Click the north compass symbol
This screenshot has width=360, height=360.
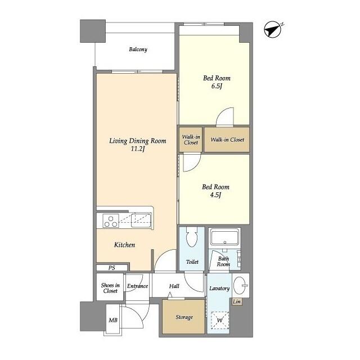(273, 29)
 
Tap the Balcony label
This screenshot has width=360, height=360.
(138, 49)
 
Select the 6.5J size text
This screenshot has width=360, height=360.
(217, 86)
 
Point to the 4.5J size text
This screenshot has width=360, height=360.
(215, 195)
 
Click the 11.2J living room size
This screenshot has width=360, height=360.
(138, 149)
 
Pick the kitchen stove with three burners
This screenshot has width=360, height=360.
(111, 220)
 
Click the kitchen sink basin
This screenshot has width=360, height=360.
(141, 220)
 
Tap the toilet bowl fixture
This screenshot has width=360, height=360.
(192, 237)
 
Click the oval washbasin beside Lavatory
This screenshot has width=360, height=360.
(240, 285)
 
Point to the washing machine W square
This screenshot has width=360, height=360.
(220, 320)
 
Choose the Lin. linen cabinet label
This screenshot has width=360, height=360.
(237, 301)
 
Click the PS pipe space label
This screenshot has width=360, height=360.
(112, 268)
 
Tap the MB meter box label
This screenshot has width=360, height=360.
(113, 320)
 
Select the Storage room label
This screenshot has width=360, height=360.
(184, 317)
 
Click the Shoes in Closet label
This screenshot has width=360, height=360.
(110, 288)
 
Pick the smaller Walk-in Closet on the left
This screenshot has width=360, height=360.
(191, 139)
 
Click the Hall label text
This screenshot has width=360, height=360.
(174, 286)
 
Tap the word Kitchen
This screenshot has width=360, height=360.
(124, 245)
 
